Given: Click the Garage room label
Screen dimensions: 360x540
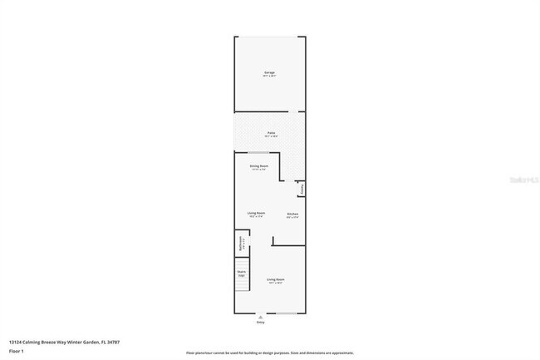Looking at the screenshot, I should (269, 72).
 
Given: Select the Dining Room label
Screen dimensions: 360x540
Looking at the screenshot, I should (258, 165).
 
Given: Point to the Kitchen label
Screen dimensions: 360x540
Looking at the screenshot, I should (292, 214).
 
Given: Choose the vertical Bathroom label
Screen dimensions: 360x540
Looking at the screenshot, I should (240, 244).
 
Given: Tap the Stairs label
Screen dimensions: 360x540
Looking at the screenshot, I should (242, 272).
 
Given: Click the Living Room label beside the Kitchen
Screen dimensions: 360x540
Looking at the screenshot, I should (256, 214).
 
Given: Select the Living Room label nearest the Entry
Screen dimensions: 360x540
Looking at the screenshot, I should (275, 279).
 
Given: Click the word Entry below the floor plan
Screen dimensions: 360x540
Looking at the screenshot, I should (261, 322).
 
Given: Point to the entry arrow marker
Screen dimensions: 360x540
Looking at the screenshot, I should (261, 316).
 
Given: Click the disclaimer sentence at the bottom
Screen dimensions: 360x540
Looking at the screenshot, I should (269, 353).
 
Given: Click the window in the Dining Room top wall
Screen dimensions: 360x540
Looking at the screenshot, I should (258, 153).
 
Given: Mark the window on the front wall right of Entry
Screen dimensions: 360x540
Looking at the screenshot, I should (287, 313).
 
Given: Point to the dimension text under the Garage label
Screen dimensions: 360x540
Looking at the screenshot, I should (269, 76).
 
